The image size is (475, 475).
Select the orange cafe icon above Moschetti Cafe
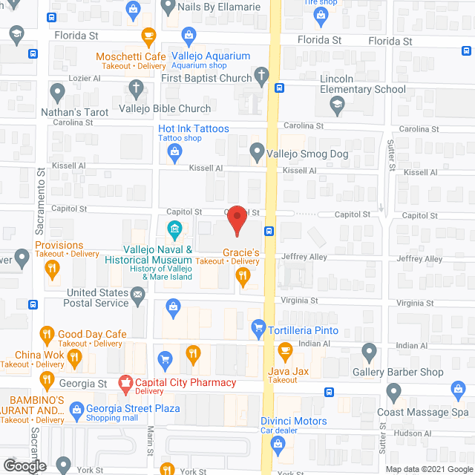click(x=148, y=34)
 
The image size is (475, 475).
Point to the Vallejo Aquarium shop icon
click(x=189, y=34)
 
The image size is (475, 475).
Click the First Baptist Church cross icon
click(x=261, y=74)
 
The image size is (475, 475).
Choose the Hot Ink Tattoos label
click(x=193, y=128)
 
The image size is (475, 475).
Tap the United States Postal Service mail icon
click(x=138, y=298)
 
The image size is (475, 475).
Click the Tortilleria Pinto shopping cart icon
click(x=258, y=326)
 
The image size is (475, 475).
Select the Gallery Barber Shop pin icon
click(x=370, y=351)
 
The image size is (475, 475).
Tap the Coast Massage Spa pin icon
click(x=394, y=391)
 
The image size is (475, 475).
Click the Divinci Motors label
click(x=293, y=421)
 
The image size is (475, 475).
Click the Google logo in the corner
click(x=24, y=466)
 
